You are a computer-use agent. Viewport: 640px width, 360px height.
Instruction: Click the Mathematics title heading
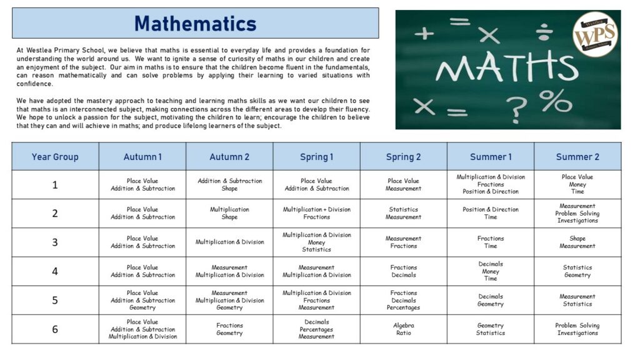point(195,24)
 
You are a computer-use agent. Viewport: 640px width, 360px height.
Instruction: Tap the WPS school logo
point(594,34)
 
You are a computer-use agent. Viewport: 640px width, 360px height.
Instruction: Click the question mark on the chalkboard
point(517,109)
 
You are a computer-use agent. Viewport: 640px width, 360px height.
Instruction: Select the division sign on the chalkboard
point(543,29)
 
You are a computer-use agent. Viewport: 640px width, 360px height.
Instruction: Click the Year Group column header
point(55,157)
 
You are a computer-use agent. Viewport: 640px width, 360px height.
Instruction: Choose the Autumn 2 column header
point(229,157)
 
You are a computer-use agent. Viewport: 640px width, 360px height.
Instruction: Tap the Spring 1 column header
point(316,157)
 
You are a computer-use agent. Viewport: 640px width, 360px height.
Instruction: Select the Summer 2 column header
point(577,157)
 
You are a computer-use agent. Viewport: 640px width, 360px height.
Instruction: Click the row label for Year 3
point(55,242)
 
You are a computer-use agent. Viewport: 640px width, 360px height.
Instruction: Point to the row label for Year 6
point(55,329)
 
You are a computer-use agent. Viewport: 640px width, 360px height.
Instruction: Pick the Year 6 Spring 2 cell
point(404,329)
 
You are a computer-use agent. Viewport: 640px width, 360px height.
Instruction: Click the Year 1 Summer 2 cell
point(577,184)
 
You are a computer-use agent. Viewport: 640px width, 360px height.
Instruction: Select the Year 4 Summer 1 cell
point(491,271)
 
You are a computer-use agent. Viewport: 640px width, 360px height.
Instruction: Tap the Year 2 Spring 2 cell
point(404,213)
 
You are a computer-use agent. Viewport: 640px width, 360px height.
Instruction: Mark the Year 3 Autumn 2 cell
point(229,242)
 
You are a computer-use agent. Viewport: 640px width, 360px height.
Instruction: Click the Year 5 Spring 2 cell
point(404,300)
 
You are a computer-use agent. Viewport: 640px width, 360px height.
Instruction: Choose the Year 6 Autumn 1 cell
point(142,329)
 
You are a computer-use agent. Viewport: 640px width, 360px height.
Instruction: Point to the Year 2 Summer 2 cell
point(577,213)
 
